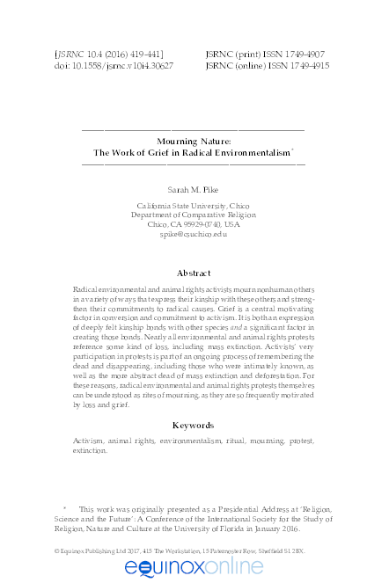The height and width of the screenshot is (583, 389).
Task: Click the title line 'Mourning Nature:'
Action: pos(194,140)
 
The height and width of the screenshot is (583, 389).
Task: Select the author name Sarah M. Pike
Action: pos(194,189)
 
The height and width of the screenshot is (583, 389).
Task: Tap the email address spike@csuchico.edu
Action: pos(194,234)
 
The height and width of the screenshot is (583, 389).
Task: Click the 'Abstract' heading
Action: pos(194,273)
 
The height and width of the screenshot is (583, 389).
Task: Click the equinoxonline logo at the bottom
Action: pos(194,569)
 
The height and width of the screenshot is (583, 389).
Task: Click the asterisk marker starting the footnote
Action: pos(64,507)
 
